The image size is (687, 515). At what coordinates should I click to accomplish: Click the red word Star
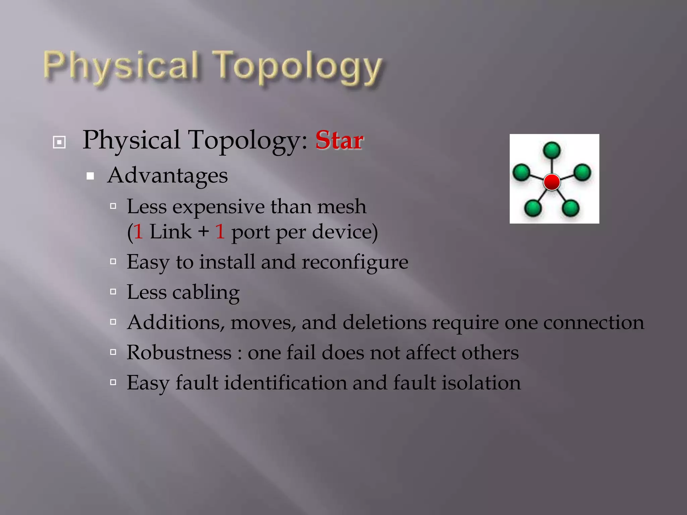tap(339, 140)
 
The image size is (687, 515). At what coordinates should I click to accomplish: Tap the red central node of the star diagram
tap(552, 182)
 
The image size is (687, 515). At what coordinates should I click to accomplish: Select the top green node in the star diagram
tap(552, 150)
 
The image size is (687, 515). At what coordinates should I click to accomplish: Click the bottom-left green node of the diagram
tap(533, 208)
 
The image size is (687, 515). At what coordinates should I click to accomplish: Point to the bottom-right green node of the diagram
tap(571, 208)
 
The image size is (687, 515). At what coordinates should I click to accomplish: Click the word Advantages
tap(167, 175)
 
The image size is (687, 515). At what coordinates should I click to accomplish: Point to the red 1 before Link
tap(138, 232)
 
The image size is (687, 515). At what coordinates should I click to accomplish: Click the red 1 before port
tap(220, 232)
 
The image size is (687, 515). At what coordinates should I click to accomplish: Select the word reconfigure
tap(355, 262)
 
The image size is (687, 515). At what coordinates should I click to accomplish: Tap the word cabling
tap(206, 292)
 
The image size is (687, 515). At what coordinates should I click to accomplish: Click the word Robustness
tap(179, 353)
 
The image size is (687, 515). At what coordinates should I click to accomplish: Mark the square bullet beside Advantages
tap(90, 176)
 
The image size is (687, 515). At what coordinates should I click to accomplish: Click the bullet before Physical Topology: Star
tap(59, 142)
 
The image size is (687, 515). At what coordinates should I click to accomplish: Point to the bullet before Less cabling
tap(113, 292)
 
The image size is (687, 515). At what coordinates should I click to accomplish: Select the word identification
tap(285, 383)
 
